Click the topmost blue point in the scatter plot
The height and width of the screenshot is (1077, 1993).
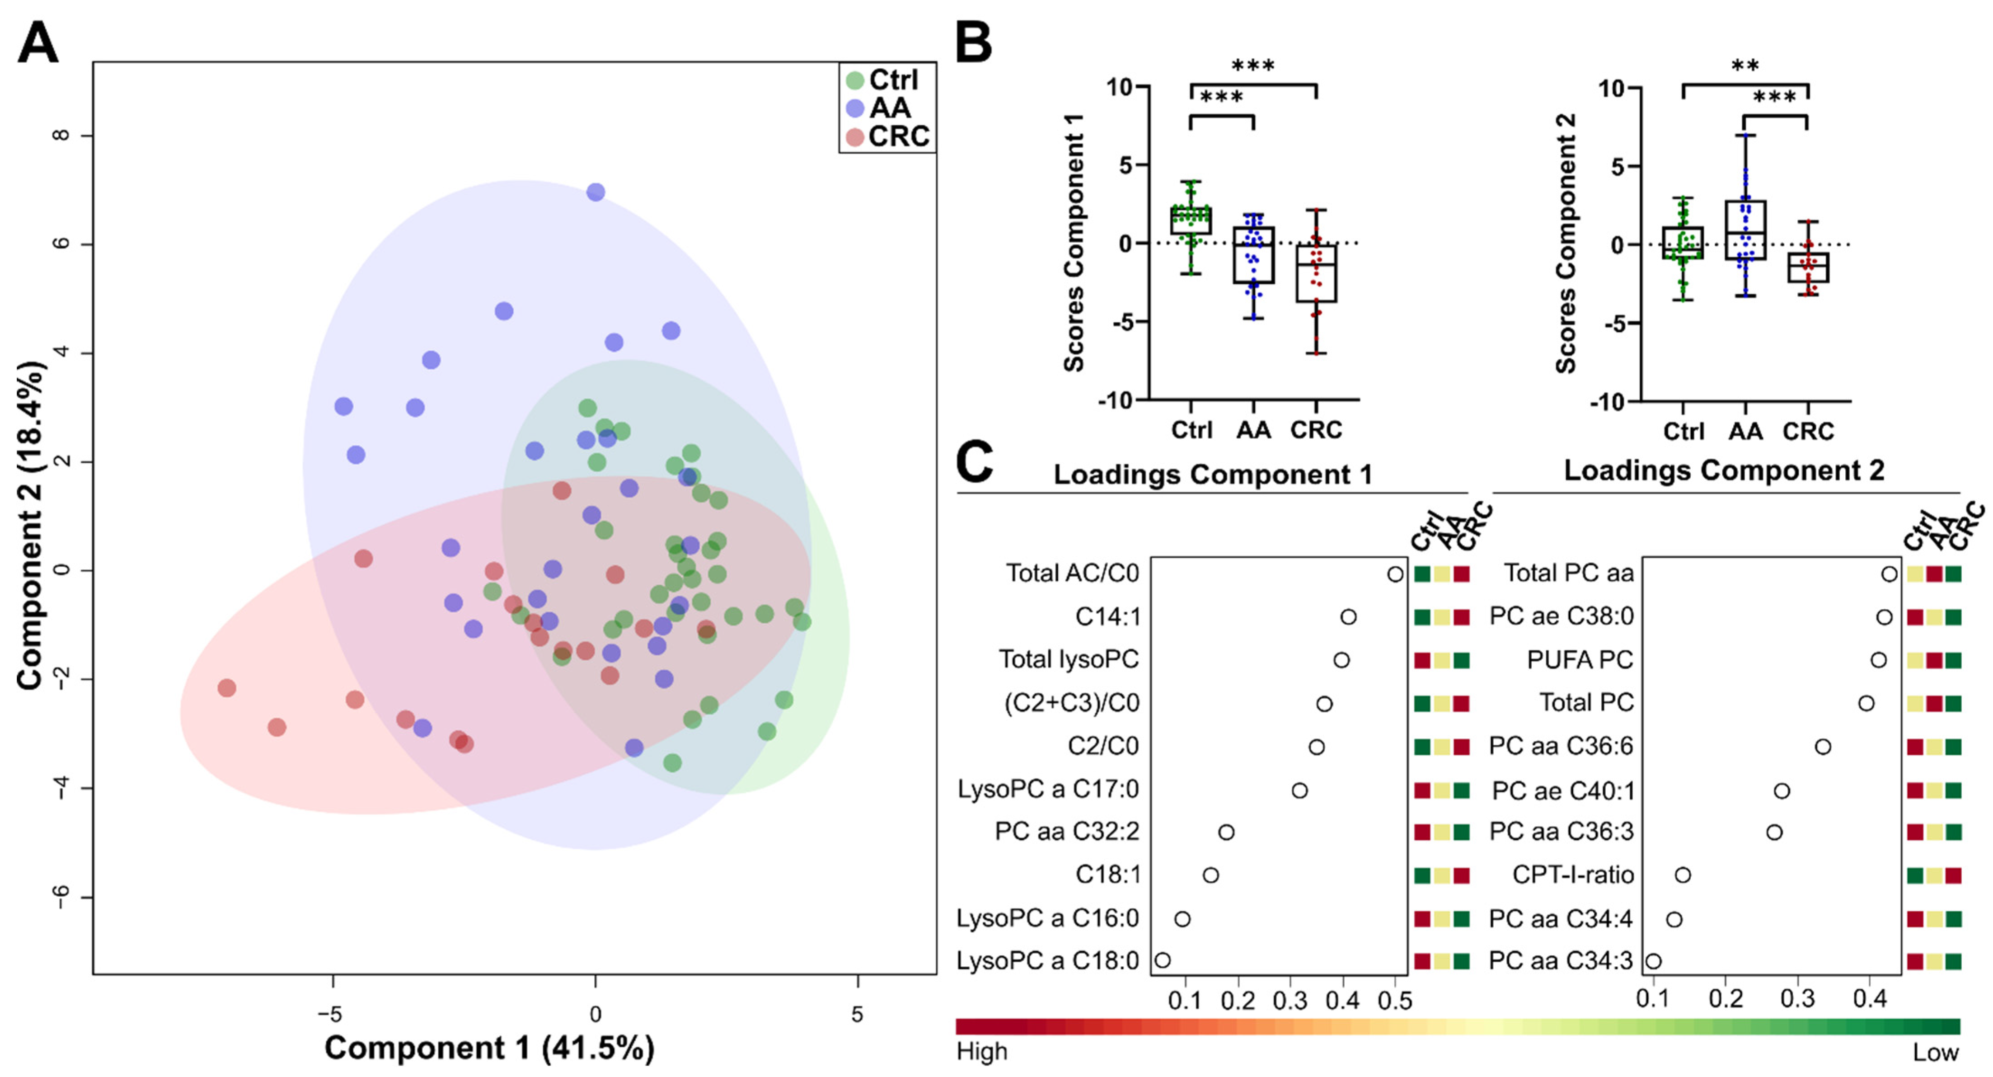tap(595, 192)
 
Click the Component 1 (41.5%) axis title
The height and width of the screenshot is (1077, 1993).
tap(489, 1048)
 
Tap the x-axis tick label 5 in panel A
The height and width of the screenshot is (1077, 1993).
tap(857, 1014)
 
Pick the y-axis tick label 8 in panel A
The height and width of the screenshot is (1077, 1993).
tap(61, 136)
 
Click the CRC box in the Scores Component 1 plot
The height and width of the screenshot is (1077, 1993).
tap(1316, 273)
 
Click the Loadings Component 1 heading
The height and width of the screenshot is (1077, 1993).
tap(1212, 474)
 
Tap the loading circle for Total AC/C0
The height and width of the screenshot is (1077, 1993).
tap(1395, 574)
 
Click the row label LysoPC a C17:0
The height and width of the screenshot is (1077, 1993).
tap(1048, 789)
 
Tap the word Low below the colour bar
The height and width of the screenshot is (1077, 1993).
tap(1936, 1052)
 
